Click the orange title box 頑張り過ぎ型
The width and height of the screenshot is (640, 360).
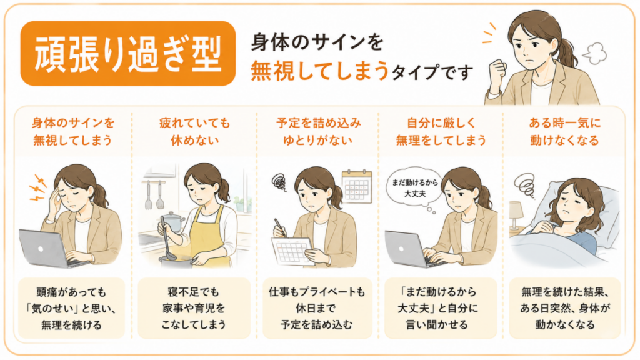pyautogui.click(x=127, y=54)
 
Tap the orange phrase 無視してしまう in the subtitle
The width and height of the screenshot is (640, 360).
pyautogui.click(x=319, y=71)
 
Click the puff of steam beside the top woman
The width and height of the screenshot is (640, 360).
pyautogui.click(x=594, y=54)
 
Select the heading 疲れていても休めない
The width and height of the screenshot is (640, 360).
pyautogui.click(x=195, y=131)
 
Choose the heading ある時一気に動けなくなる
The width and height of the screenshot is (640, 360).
pyautogui.click(x=564, y=131)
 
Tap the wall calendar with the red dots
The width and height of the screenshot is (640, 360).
pyautogui.click(x=357, y=186)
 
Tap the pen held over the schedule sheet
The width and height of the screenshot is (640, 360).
pyautogui.click(x=281, y=227)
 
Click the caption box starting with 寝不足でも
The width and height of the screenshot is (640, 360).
pyautogui.click(x=194, y=308)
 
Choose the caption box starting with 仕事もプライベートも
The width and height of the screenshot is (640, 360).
pyautogui.click(x=317, y=308)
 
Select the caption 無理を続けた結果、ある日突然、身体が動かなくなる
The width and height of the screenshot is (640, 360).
pyautogui.click(x=565, y=308)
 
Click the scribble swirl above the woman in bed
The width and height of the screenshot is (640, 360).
pyautogui.click(x=525, y=185)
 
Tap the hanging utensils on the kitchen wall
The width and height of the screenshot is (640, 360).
pyautogui.click(x=154, y=195)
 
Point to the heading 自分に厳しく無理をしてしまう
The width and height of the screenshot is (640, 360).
pyautogui.click(x=441, y=131)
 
